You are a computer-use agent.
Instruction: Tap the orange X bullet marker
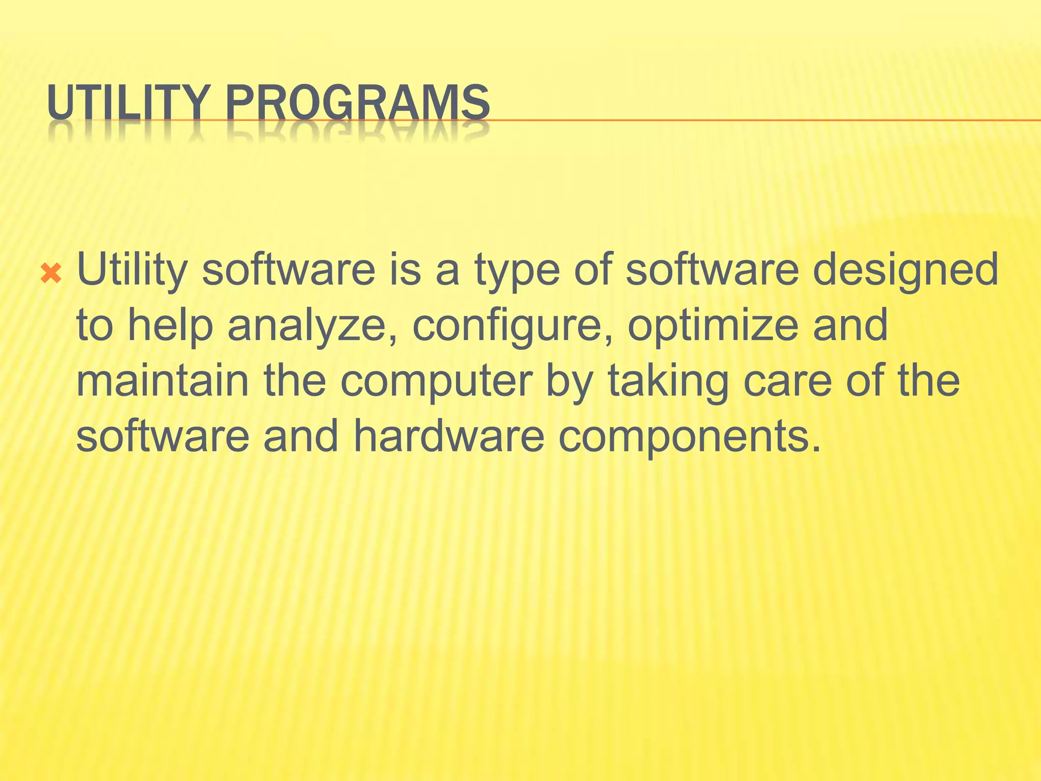pos(51,274)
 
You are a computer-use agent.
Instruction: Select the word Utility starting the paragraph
pos(132,270)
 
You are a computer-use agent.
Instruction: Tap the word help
pos(170,326)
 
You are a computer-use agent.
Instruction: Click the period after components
pos(816,448)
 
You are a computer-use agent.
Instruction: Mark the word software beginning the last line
pos(163,436)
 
